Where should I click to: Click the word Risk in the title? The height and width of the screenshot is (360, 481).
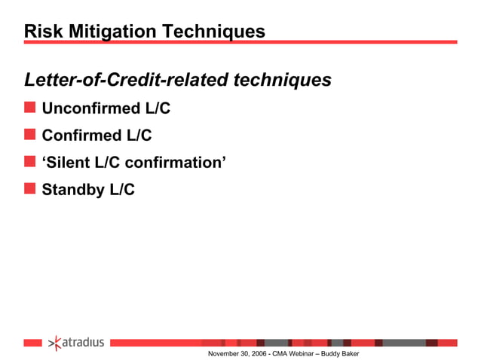[40, 32]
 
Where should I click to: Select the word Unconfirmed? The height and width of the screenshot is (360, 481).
[91, 108]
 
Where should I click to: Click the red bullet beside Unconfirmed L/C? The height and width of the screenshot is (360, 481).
[29, 108]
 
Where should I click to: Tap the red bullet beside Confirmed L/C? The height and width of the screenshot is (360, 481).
[29, 136]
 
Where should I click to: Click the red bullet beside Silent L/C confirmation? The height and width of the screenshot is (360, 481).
[29, 162]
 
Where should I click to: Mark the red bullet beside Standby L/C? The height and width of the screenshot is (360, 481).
[29, 189]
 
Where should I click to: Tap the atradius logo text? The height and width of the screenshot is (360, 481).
[82, 343]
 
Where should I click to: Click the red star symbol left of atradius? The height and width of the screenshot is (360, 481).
[54, 343]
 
